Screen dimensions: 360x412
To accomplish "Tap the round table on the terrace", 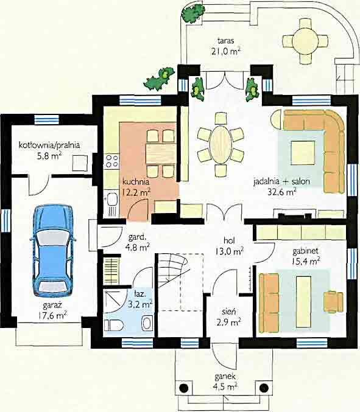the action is coord(305,41).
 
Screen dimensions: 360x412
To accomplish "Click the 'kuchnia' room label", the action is coord(136,181).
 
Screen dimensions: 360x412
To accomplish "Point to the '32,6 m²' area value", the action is coord(282,192).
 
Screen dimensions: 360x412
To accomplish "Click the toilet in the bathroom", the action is coord(113,326).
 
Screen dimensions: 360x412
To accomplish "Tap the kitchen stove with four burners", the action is coord(111,161).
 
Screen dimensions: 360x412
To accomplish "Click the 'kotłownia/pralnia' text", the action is coord(49,145).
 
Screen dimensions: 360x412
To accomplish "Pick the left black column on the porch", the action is coord(184,388).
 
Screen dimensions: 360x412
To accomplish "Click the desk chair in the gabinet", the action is coord(333,301).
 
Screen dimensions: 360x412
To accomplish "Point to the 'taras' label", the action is coord(226,41).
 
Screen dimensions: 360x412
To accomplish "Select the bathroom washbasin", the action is coord(147,323).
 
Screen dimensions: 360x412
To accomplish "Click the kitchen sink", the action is coord(112,200).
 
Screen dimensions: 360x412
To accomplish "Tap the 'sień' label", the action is coord(228,312).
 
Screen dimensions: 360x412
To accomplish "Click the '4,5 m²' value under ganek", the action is coord(225,387).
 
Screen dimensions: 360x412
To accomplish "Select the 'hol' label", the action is coord(229,240).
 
